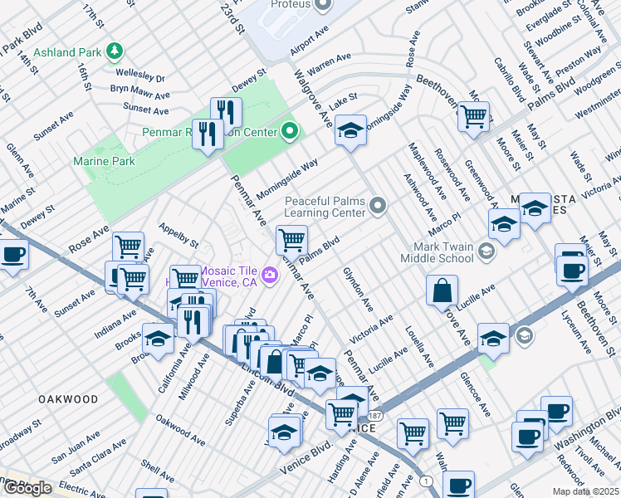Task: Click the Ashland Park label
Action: [66, 52]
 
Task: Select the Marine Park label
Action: [104, 161]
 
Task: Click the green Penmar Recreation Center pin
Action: [290, 130]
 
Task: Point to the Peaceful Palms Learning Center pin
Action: [378, 205]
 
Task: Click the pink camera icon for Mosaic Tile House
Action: [269, 276]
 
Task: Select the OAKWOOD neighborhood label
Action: [68, 399]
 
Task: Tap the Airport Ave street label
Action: [309, 45]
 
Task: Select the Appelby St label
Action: [178, 239]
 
